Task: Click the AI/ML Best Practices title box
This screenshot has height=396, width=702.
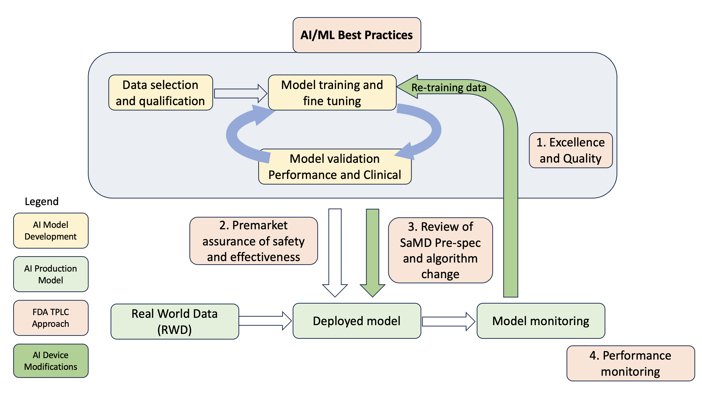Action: click(357, 35)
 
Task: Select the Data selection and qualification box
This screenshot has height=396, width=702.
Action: click(161, 92)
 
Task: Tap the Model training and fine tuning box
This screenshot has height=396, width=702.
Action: click(332, 92)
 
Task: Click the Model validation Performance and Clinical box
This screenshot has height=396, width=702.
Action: click(335, 166)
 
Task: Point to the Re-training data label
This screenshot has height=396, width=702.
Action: click(449, 88)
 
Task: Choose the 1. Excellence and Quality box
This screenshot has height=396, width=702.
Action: click(571, 150)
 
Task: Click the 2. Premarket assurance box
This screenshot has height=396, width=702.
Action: click(253, 241)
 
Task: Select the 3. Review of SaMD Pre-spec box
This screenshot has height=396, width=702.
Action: click(440, 250)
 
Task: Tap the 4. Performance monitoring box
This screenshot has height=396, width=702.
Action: click(630, 363)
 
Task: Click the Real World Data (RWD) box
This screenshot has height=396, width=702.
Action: click(175, 321)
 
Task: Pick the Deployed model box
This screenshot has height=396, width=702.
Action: click(357, 321)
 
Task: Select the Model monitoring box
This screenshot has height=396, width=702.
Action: click(541, 321)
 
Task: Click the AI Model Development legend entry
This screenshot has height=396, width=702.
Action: click(51, 231)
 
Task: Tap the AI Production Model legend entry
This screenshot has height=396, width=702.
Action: click(51, 274)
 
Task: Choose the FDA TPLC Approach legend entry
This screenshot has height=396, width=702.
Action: click(51, 318)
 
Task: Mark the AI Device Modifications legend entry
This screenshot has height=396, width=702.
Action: click(51, 361)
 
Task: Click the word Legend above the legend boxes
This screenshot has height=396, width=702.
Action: click(42, 201)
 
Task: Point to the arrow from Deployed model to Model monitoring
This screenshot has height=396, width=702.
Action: click(449, 321)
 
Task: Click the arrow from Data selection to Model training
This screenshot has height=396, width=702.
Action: click(241, 93)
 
